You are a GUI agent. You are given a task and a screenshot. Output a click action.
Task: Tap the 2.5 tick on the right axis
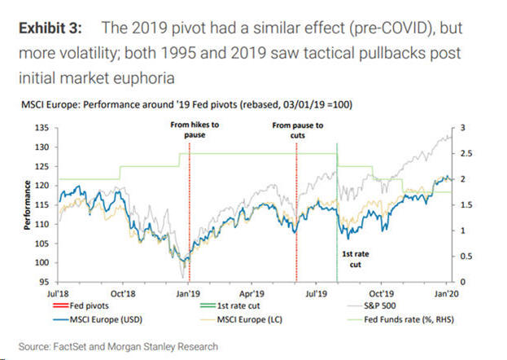464,154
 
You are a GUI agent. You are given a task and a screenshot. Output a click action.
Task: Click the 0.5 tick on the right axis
464,257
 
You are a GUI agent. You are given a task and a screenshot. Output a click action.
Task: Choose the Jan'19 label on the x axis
189,292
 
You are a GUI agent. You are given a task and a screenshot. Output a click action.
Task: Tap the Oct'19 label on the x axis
380,292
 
